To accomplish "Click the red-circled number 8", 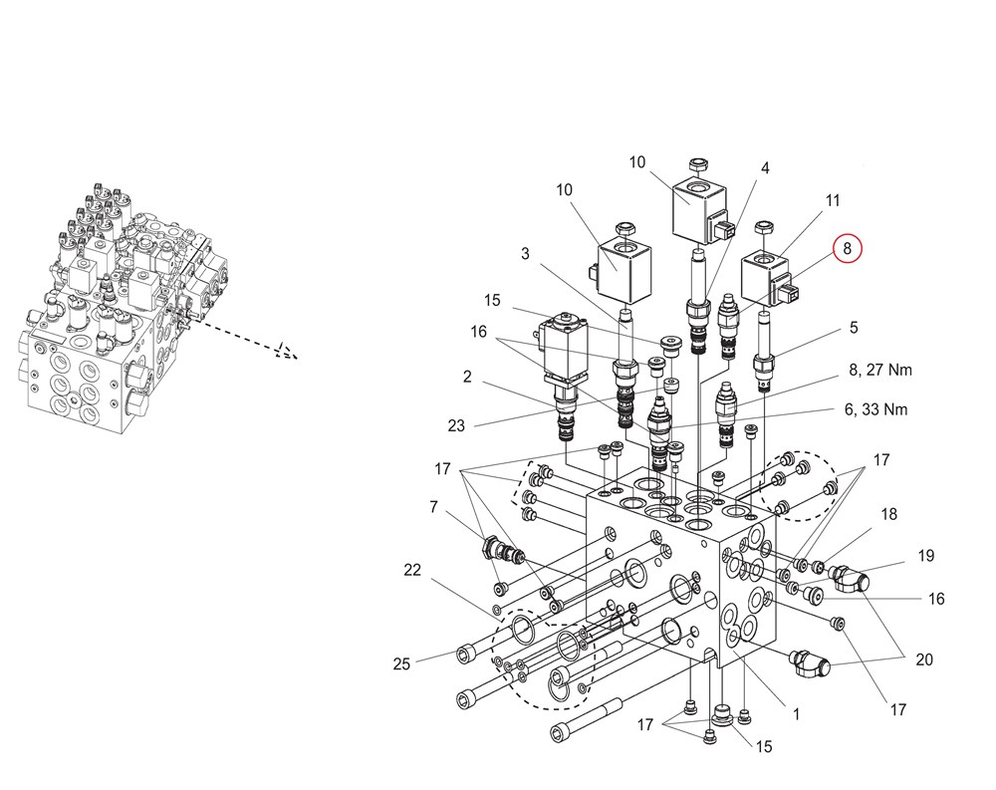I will coord(847,249).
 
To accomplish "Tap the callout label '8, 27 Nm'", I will coord(880,370).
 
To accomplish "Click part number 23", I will coord(456,425).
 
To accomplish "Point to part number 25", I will coord(401,663).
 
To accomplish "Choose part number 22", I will coord(412,571).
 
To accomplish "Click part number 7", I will coord(433,508).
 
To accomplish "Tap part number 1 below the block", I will coord(796,713).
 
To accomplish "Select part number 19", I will coord(926,556).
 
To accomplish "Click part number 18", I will coord(888,514).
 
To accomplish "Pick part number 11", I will coord(833,200).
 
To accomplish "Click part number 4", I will coord(765,169).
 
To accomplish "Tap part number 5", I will coord(853,327).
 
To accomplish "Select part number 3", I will coord(525,254).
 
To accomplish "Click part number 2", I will coord(466,377).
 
